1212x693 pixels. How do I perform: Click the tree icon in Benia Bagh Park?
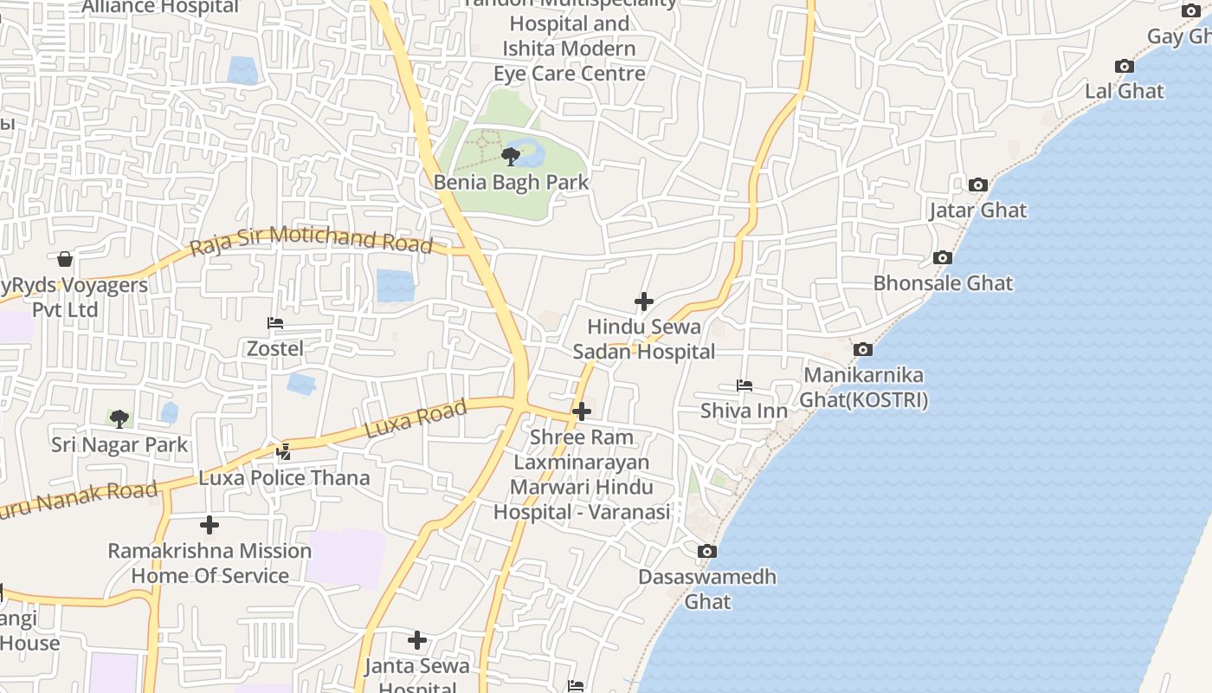511,157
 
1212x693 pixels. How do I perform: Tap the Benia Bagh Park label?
511,183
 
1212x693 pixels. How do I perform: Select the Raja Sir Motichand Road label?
311,238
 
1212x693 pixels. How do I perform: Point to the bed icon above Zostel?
275,323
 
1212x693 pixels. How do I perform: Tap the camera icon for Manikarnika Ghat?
862,350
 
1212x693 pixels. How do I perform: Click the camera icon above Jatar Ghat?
978,185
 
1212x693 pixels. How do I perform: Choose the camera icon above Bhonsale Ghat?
943,257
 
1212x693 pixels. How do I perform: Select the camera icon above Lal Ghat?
1124,67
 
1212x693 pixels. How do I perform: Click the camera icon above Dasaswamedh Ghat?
707,551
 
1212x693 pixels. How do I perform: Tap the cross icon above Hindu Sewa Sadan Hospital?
644,301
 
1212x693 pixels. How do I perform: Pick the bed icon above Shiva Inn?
744,385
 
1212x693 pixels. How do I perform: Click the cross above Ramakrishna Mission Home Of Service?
210,525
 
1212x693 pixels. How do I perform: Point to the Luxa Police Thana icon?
283,451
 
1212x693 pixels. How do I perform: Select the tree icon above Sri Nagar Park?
119,419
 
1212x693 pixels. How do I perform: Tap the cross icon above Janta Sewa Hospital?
417,640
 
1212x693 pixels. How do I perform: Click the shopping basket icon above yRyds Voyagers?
65,259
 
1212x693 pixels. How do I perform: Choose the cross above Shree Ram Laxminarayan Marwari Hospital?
582,411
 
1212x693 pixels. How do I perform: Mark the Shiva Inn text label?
744,411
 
